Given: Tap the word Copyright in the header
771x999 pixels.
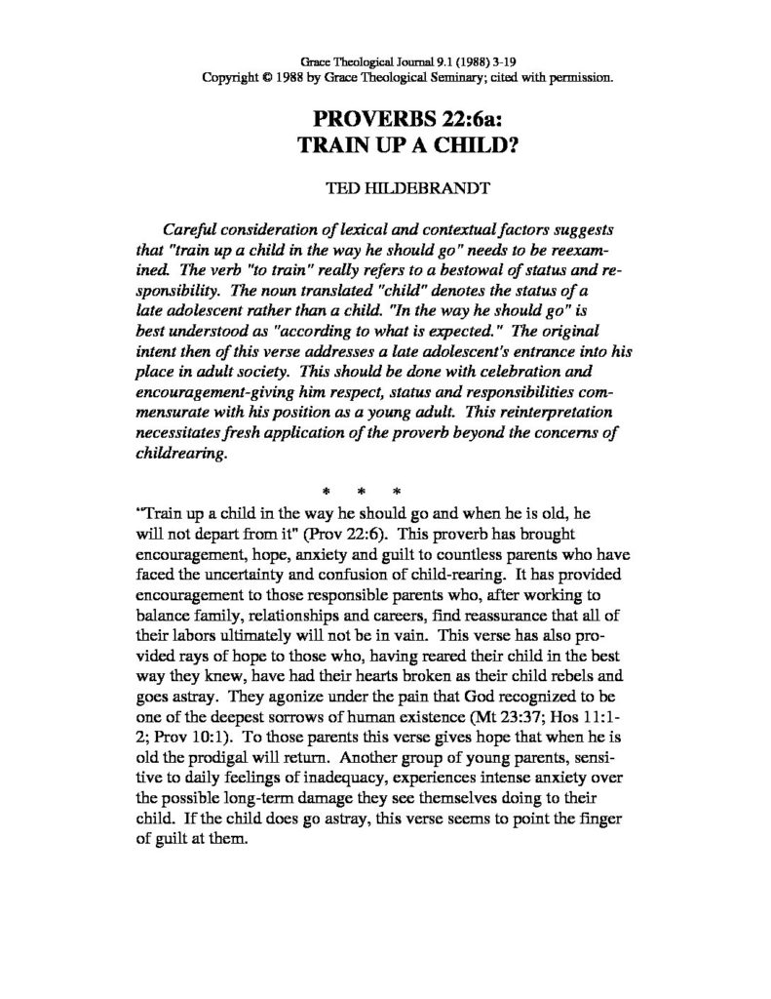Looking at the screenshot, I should (227, 77).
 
